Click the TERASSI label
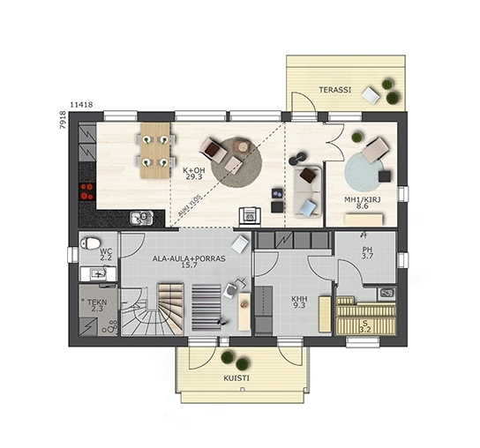335,90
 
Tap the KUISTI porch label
236,378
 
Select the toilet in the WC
90,243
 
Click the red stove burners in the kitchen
86,191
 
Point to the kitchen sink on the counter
141,218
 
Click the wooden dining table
155,151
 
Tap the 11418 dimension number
81,105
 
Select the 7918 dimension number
63,120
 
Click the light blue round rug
364,172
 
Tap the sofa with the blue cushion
308,192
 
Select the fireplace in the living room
250,217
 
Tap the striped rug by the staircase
206,308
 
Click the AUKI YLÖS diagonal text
190,205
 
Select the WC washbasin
98,274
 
